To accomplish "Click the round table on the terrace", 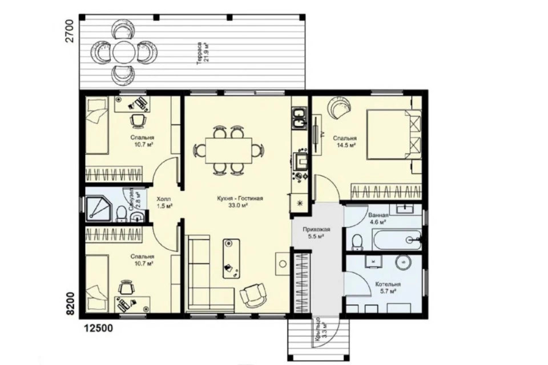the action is pyautogui.click(x=124, y=52).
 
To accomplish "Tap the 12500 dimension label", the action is pyautogui.click(x=98, y=328).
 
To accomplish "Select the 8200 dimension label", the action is pyautogui.click(x=70, y=303).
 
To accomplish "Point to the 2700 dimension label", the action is pyautogui.click(x=70, y=31).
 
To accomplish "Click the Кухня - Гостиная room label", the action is pyautogui.click(x=240, y=198).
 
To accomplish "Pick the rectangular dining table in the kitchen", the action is pyautogui.click(x=229, y=150).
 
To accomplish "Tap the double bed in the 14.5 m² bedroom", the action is pyautogui.click(x=394, y=135).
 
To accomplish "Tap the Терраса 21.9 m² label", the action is pyautogui.click(x=203, y=52).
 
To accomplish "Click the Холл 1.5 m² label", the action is pyautogui.click(x=164, y=202).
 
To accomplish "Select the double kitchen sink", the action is pyautogui.click(x=299, y=119).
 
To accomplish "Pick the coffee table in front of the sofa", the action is pyautogui.click(x=231, y=258).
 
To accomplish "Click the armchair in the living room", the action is pyautogui.click(x=253, y=295).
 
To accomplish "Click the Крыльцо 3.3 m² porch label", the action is pyautogui.click(x=320, y=328).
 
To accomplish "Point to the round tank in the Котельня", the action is pyautogui.click(x=404, y=262).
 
